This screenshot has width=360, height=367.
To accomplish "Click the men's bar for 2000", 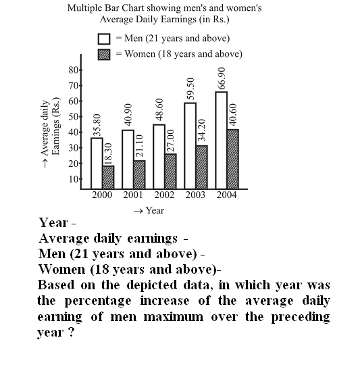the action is pyautogui.click(x=97, y=163).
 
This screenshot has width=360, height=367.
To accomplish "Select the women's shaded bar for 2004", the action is pyautogui.click(x=233, y=159).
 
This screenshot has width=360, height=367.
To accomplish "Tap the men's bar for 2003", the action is pyautogui.click(x=190, y=145).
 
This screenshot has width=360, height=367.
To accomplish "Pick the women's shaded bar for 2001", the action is pyautogui.click(x=139, y=174).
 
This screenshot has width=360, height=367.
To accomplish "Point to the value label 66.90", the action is pyautogui.click(x=222, y=78).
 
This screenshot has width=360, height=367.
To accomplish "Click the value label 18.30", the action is pyautogui.click(x=108, y=154).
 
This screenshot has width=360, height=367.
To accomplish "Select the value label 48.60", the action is pyautogui.click(x=159, y=109).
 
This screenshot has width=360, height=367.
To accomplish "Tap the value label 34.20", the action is pyautogui.click(x=202, y=130).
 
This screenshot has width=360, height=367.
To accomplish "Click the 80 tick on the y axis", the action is pyautogui.click(x=74, y=70).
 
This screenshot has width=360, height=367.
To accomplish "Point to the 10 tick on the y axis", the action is pyautogui.click(x=74, y=179).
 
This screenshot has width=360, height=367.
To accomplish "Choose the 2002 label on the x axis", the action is pyautogui.click(x=164, y=195).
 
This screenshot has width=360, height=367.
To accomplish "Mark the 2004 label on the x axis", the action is pyautogui.click(x=226, y=195).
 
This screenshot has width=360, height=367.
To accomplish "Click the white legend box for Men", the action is pyautogui.click(x=104, y=39).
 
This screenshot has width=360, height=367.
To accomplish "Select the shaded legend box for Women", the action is pyautogui.click(x=104, y=55).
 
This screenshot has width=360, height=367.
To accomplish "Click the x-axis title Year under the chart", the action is pyautogui.click(x=155, y=210).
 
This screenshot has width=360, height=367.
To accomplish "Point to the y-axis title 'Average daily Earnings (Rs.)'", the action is pyautogui.click(x=51, y=133).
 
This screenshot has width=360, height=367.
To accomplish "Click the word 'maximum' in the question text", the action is pyautogui.click(x=174, y=317).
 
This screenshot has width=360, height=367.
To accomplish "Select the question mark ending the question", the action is pyautogui.click(x=72, y=332).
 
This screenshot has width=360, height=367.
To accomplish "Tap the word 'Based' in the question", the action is pyautogui.click(x=56, y=285).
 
